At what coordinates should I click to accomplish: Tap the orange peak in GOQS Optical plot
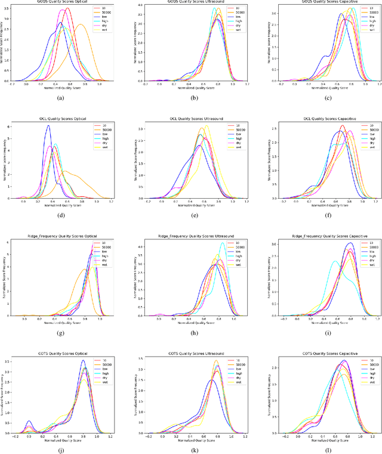click(80, 25)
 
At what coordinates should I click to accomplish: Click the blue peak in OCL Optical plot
click(48, 126)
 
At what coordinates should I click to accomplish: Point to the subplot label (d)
click(60, 215)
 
